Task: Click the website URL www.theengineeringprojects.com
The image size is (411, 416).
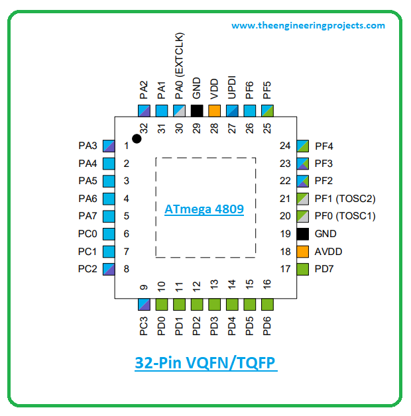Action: (x=308, y=26)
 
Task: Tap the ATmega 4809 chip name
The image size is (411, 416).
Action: (x=204, y=209)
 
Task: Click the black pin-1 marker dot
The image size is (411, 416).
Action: (x=137, y=138)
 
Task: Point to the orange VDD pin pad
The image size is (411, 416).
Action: (x=214, y=111)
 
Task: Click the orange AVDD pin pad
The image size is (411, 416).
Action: (x=303, y=252)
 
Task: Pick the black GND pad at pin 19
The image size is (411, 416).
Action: (x=303, y=234)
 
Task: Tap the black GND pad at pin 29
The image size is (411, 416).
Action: (x=196, y=111)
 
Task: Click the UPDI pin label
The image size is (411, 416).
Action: (x=232, y=89)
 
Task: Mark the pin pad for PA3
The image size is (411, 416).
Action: (x=109, y=145)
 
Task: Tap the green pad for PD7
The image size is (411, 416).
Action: (x=303, y=269)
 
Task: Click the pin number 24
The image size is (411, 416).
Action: (x=285, y=146)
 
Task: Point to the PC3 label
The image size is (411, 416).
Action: (x=144, y=328)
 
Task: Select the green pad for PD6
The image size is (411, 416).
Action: (x=267, y=304)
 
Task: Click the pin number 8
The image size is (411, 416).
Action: (x=126, y=269)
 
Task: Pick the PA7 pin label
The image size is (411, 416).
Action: (x=88, y=216)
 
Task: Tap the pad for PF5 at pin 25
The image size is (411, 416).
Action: (x=267, y=111)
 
